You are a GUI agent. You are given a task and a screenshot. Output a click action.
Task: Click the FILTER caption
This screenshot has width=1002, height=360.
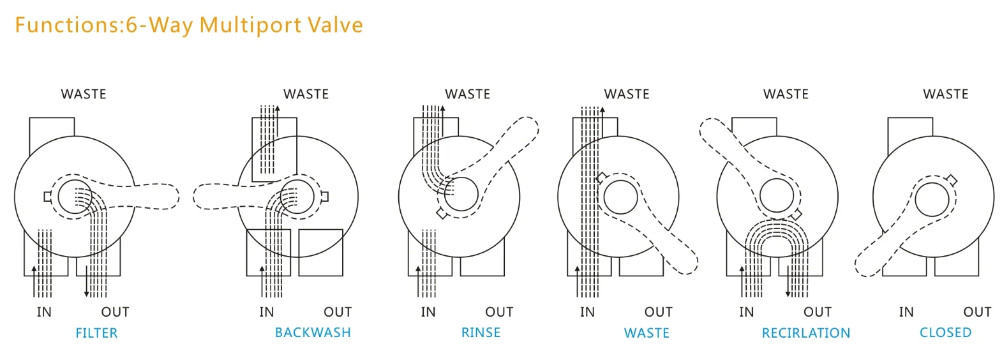(x=96, y=333)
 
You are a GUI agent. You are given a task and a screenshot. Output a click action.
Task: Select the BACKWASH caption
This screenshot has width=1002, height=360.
(x=313, y=333)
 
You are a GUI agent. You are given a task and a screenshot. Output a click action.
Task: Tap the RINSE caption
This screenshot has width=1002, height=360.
(x=481, y=333)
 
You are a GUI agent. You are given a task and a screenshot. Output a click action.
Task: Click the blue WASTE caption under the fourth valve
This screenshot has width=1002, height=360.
(x=647, y=333)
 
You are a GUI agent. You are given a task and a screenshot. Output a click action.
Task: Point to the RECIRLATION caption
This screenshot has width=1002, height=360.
(x=805, y=333)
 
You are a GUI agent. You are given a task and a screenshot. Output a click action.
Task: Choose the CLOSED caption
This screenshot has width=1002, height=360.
(x=945, y=333)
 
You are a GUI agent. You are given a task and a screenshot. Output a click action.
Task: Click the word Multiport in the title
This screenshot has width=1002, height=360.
(x=250, y=25)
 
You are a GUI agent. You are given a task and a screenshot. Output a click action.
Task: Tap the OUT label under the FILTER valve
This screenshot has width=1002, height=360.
(x=115, y=312)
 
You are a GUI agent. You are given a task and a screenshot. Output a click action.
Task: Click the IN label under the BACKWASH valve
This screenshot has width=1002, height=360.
(x=267, y=312)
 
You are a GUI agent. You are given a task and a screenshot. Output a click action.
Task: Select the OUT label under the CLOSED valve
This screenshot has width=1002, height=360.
(x=977, y=312)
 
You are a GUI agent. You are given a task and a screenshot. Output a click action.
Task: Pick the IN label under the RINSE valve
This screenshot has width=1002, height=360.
(x=428, y=312)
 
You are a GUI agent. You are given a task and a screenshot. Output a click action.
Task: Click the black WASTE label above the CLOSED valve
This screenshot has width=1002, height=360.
(x=945, y=94)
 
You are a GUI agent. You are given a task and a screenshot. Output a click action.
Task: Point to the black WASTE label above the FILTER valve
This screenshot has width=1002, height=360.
(x=84, y=94)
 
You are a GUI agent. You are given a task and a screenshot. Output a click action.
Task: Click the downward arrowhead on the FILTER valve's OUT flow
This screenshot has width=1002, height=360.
(x=87, y=293)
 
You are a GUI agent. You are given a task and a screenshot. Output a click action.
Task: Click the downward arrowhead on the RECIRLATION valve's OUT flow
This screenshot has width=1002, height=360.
(x=788, y=293)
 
